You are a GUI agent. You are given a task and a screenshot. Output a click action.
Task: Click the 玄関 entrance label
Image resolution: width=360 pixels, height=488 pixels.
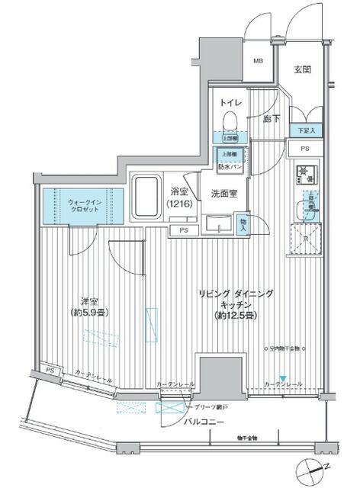302,70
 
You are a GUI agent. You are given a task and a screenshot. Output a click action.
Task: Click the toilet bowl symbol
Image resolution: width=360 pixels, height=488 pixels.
229,120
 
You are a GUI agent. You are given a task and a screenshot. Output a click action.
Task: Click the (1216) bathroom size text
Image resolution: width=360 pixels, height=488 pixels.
179,204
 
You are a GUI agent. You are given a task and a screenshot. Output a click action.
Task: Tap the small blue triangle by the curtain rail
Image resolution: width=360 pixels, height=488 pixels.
283,378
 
